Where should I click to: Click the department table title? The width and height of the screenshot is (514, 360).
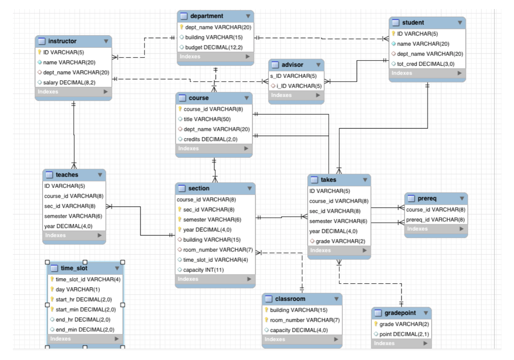pyautogui.click(x=207, y=16)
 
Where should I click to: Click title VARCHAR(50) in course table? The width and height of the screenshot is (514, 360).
pyautogui.click(x=207, y=119)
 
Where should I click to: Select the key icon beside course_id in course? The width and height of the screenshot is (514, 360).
pyautogui.click(x=180, y=109)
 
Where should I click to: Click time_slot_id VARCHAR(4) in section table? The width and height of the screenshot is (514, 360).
pyautogui.click(x=215, y=260)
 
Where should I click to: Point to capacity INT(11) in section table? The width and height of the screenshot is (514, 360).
pyautogui.click(x=203, y=270)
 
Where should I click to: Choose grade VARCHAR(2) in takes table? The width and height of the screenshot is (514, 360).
pyautogui.click(x=340, y=241)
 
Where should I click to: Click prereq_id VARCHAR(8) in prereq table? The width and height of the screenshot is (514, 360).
pyautogui.click(x=435, y=220)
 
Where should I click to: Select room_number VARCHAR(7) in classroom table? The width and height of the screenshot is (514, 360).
pyautogui.click(x=305, y=320)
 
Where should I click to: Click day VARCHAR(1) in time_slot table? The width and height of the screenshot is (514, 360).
pyautogui.click(x=78, y=290)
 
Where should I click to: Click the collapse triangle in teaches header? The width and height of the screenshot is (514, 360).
pyautogui.click(x=100, y=175)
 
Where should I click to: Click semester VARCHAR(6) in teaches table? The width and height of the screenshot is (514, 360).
pyautogui.click(x=73, y=216)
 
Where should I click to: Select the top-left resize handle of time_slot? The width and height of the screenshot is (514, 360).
pyautogui.click(x=47, y=262)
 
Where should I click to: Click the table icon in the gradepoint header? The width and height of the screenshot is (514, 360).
pyautogui.click(x=378, y=313)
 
